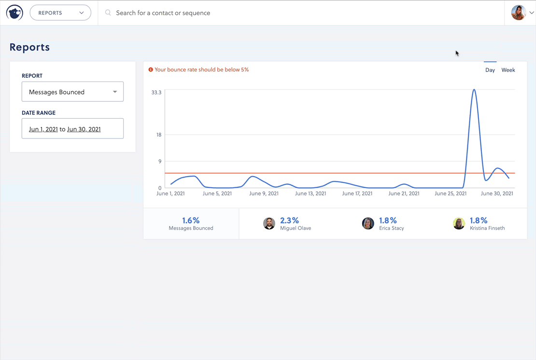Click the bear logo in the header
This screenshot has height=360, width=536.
(14, 13)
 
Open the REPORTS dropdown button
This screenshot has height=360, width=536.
(60, 13)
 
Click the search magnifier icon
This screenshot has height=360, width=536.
(108, 13)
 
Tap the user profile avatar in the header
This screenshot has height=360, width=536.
(518, 13)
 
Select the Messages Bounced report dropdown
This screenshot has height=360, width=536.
(72, 92)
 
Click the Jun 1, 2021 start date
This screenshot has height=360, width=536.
(43, 129)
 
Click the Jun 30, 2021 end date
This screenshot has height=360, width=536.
(84, 129)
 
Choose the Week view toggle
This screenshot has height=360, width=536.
(508, 70)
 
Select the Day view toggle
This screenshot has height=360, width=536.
(490, 70)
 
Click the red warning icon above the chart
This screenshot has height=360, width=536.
(151, 69)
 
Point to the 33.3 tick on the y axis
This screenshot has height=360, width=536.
(156, 92)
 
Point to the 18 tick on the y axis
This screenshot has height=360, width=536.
(159, 135)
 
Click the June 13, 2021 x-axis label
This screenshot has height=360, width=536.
(310, 194)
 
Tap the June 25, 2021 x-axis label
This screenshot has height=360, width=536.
(451, 194)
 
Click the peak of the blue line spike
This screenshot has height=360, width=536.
(474, 90)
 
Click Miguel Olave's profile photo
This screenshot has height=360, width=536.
(269, 223)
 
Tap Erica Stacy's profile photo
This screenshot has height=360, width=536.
(368, 223)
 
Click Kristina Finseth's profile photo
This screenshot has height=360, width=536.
(459, 223)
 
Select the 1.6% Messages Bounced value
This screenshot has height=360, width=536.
(191, 221)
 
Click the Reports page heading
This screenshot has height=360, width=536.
(29, 47)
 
